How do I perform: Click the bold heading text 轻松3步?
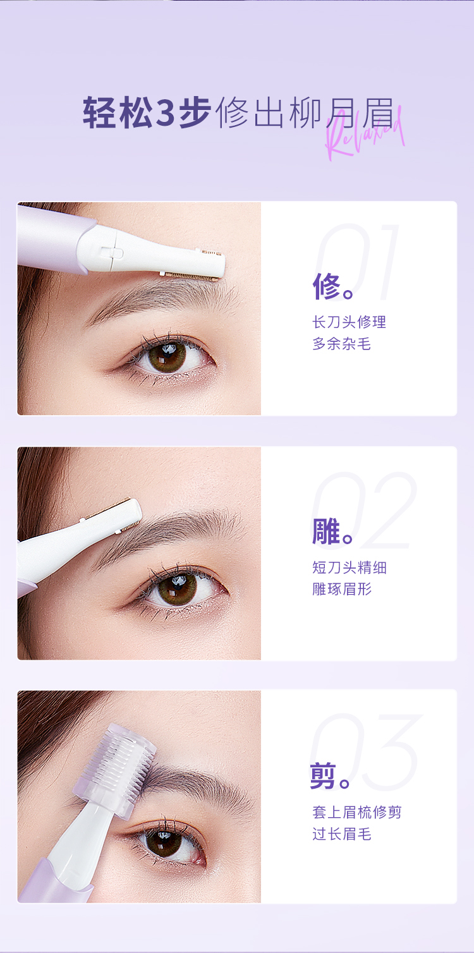coord(147,112)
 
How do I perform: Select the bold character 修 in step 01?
coord(327,286)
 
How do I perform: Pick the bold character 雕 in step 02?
coord(326,531)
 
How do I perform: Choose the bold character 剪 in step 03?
coord(324,775)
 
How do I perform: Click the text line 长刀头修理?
coord(349,322)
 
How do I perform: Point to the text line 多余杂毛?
coord(342,344)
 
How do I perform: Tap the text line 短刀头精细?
coord(349,568)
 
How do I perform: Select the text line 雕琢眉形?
coord(342,589)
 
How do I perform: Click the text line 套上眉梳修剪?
coord(357,812)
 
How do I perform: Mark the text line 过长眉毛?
coord(342,834)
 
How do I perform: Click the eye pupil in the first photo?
coord(167,356)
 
